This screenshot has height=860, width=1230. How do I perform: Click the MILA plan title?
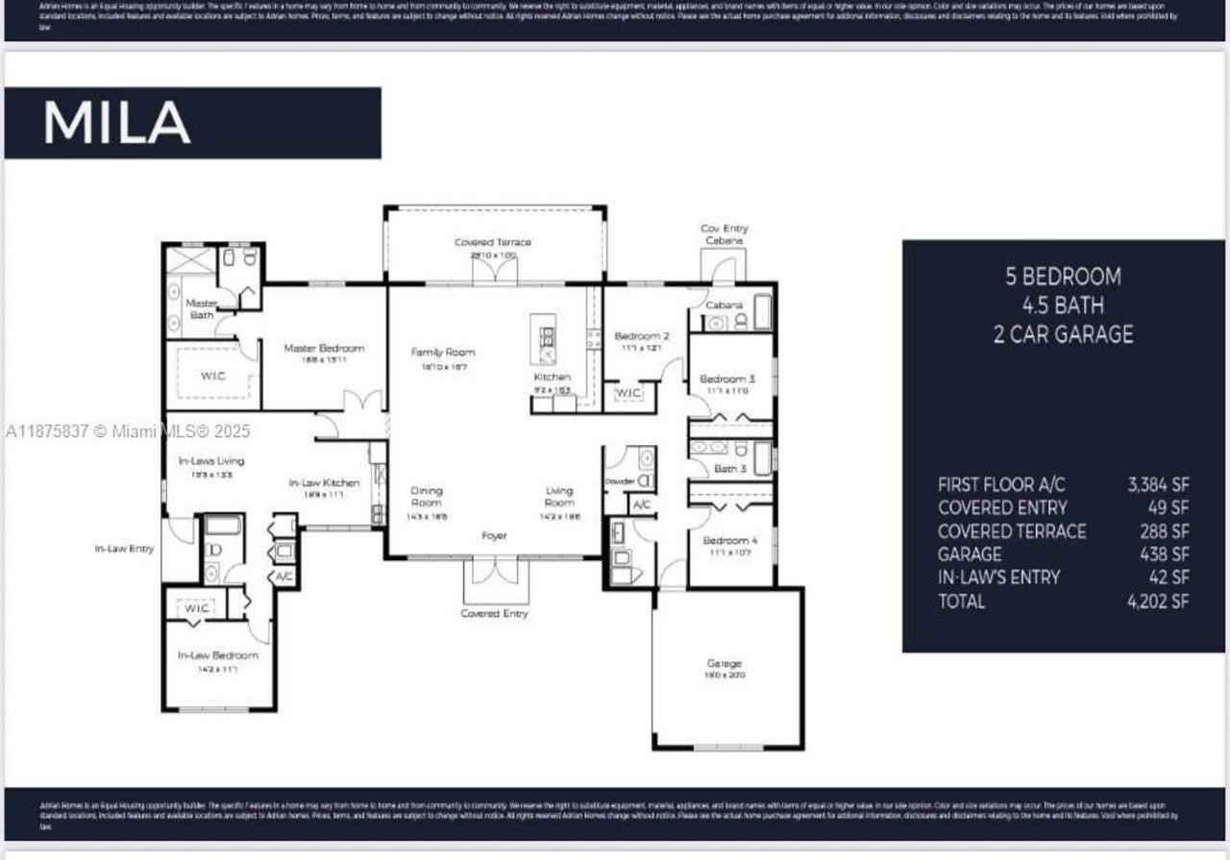(x=116, y=123)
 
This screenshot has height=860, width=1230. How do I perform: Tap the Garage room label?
(x=725, y=664)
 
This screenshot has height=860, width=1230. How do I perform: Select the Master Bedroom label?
(x=324, y=348)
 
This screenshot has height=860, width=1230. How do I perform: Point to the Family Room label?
(x=443, y=353)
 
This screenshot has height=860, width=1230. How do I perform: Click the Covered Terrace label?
(x=493, y=242)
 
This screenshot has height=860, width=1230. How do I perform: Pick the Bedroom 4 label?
(x=729, y=540)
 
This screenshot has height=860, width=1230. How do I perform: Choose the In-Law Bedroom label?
(x=217, y=655)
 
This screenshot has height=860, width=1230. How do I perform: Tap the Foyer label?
(x=494, y=536)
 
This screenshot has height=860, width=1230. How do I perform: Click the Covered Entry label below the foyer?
(x=494, y=613)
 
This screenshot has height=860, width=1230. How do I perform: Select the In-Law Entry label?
(x=124, y=549)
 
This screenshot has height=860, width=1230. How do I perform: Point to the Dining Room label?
(x=427, y=496)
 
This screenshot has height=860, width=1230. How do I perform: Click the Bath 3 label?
(x=729, y=469)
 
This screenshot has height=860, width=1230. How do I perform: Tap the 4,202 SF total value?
(x=1158, y=602)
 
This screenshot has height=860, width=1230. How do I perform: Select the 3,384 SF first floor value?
(x=1158, y=484)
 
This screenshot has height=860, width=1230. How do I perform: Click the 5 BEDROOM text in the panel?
(x=1063, y=277)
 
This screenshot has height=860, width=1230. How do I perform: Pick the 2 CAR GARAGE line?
(x=1063, y=334)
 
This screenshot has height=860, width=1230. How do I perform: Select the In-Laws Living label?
(x=211, y=461)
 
